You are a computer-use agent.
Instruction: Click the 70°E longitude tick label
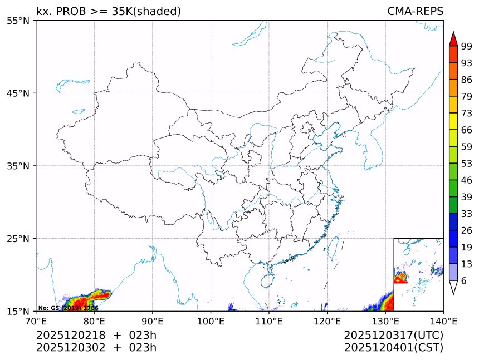(36, 321)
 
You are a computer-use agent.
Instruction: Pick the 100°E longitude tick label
(211, 321)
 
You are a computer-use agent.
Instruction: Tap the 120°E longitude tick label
(327, 321)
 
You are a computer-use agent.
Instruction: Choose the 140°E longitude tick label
(443, 321)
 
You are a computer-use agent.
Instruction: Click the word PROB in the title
(70, 12)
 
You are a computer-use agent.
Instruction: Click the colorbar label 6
(463, 281)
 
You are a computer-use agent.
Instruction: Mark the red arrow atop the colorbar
(453, 39)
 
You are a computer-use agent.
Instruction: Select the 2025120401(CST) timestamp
(393, 348)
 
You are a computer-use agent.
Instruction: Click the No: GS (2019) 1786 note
(68, 308)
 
